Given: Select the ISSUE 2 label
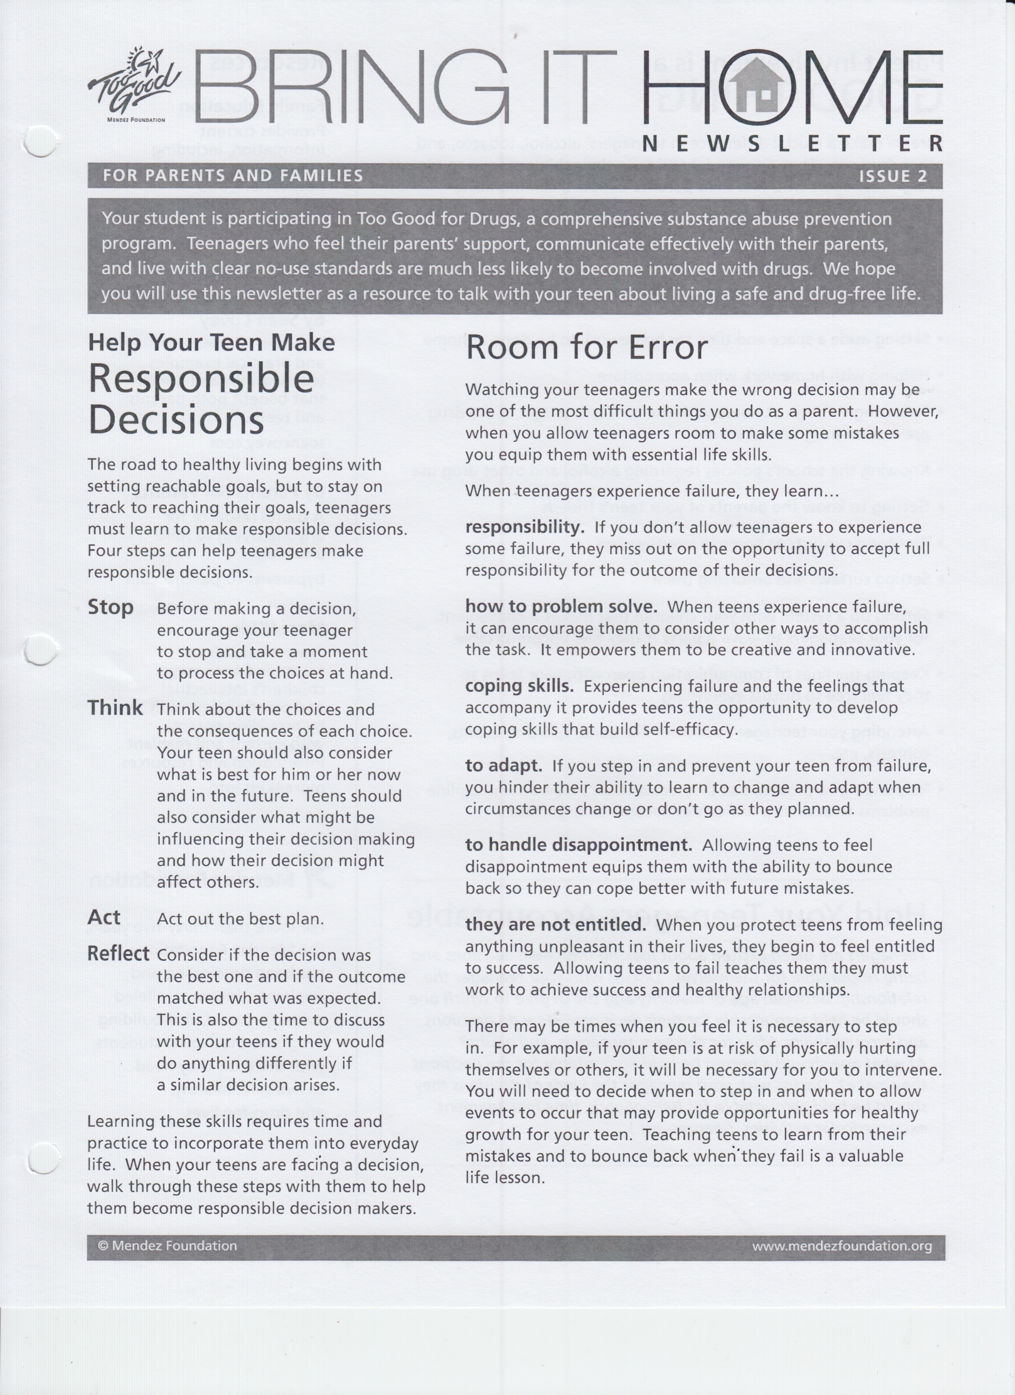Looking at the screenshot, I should [x=892, y=177].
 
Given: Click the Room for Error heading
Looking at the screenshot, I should [x=587, y=348].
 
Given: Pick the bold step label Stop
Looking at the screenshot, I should [x=111, y=607].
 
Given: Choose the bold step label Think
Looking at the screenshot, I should [x=115, y=708].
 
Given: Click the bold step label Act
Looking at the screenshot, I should [x=104, y=917].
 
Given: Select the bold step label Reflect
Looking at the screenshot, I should [x=118, y=953].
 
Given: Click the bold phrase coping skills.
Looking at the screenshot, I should [x=519, y=686].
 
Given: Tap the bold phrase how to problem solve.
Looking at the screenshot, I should [x=561, y=606].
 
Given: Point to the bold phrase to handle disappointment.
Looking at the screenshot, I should [x=578, y=845].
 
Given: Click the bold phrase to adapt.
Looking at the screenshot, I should [x=503, y=766].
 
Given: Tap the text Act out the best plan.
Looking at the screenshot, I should [x=240, y=919].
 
